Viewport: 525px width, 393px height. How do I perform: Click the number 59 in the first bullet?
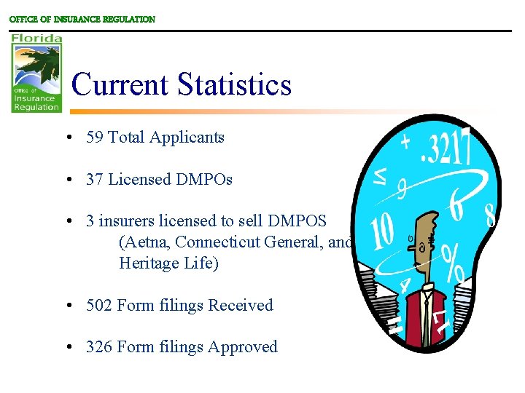coord(95,137)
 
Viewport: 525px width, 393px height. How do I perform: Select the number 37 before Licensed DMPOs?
coord(95,179)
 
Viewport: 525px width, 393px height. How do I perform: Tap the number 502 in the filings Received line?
coord(100,306)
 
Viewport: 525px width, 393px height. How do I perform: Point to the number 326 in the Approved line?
coord(100,347)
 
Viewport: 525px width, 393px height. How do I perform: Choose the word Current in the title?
coord(120,84)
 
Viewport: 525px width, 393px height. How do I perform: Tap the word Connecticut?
coord(219,242)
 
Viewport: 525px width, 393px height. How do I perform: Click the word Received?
coord(241,306)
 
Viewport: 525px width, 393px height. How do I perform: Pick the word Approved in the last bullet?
coord(243,347)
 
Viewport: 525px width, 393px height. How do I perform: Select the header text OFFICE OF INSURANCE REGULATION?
coord(82,20)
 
